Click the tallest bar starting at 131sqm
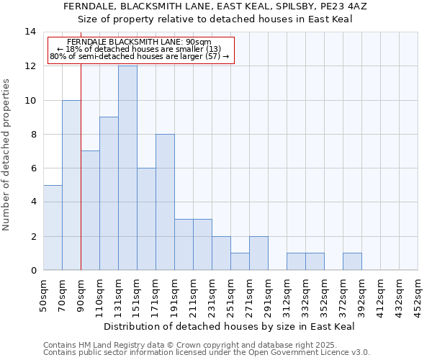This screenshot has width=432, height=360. point(127,168)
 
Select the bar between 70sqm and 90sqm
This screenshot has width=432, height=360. point(71,185)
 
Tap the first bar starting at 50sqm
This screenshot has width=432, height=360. point(53,228)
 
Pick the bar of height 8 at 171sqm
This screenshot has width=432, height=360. point(165,202)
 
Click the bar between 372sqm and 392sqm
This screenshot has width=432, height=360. point(352,262)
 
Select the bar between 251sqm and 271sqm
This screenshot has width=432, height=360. point(240,262)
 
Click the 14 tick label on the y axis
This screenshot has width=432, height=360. point(30,32)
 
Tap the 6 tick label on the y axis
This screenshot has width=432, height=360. point(33,168)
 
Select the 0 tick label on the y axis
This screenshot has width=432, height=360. point(33,271)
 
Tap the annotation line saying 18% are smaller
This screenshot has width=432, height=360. point(140,49)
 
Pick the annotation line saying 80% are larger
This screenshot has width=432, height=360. point(140,56)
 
